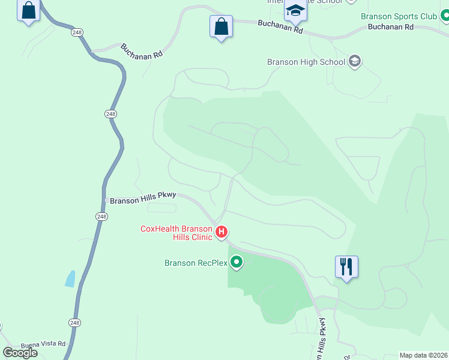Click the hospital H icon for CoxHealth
point(221,232)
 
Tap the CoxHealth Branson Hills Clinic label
point(176,232)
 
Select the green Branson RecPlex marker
point(237,262)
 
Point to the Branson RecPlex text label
point(196,263)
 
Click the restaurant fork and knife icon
point(346,266)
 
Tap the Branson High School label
point(306,62)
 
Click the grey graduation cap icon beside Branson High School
point(355,61)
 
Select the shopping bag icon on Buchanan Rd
point(221,27)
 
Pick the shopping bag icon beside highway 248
point(28,11)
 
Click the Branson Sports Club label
point(399,17)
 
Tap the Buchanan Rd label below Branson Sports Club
point(391,27)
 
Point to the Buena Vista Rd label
point(43,344)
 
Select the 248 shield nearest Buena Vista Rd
point(74,323)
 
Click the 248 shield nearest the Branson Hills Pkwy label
point(101,216)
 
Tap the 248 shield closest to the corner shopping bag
point(77,32)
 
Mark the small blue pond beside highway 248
point(70,278)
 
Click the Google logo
point(20,352)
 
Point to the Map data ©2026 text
point(424,355)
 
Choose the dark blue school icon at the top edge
point(295,10)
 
